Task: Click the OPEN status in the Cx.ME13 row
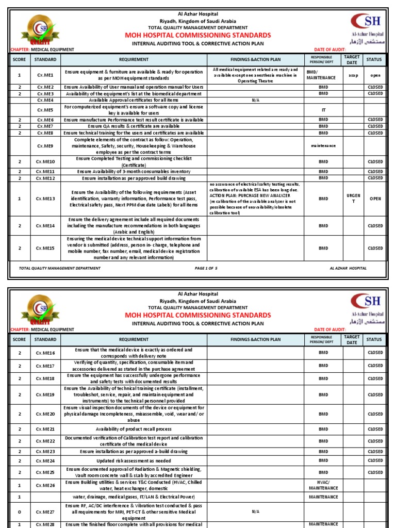click(375, 199)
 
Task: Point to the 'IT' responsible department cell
click(323, 110)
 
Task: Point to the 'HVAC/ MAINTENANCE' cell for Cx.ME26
click(323, 485)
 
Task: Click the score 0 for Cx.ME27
click(20, 512)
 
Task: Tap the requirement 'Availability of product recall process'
click(134, 429)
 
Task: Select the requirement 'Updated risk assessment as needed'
click(134, 460)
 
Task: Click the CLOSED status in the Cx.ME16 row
click(375, 353)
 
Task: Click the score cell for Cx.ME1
click(20, 75)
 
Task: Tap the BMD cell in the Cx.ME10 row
click(323, 162)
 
